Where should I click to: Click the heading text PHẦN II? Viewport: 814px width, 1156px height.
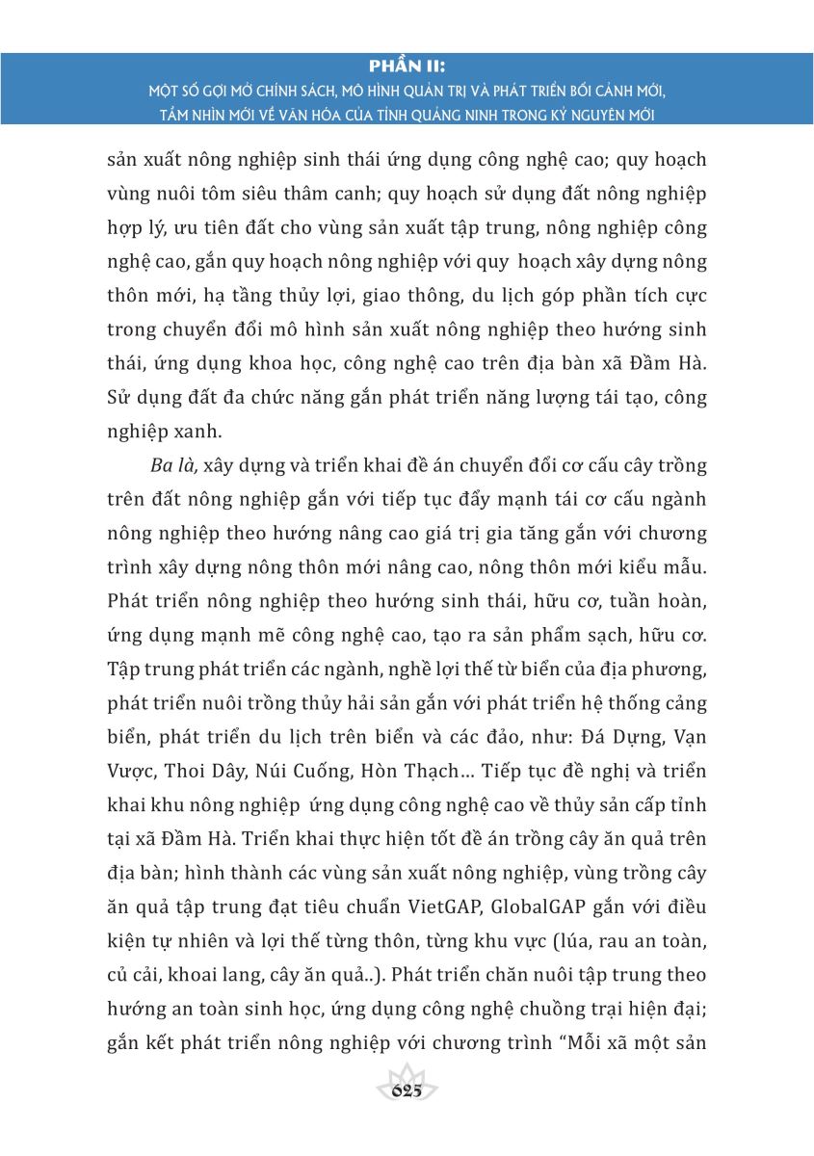(407, 66)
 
